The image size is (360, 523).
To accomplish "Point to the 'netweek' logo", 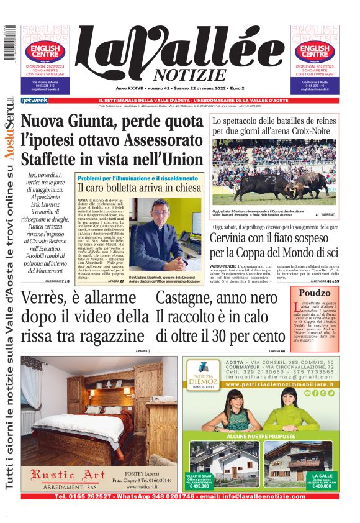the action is click(34, 100).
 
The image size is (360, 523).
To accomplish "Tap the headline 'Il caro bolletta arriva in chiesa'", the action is click(139, 188).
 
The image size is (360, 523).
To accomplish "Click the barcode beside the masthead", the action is click(9, 43).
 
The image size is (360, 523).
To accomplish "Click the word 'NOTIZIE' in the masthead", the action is click(189, 75).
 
